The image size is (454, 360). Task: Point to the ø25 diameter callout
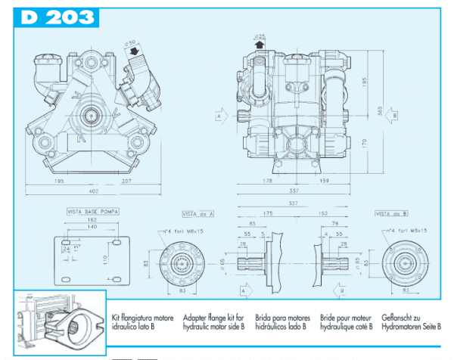coord(260,36)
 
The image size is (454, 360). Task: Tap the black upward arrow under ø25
coord(260,45)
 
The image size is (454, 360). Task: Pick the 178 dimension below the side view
coord(269,182)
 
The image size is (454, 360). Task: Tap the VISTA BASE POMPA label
coord(91,214)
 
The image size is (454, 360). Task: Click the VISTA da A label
coord(198,215)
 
